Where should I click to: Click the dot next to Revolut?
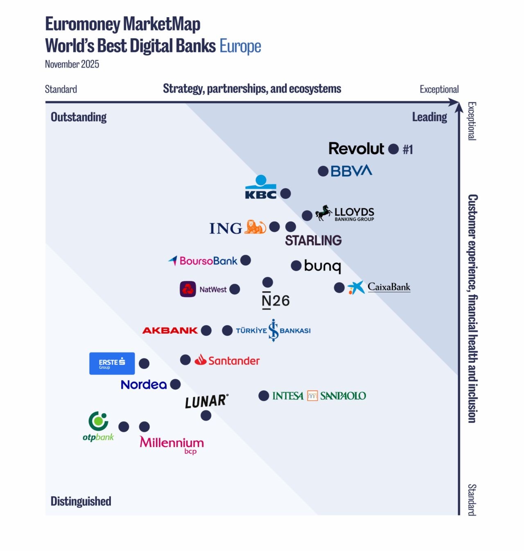(393, 149)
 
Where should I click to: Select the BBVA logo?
(351, 171)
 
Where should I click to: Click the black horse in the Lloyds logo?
(323, 213)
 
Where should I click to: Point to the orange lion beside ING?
(255, 227)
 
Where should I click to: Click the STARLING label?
(313, 241)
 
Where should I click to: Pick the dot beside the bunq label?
(296, 266)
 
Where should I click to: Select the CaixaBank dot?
(339, 288)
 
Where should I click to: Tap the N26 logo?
(276, 301)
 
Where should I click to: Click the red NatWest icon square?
(188, 289)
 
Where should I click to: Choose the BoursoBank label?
(208, 261)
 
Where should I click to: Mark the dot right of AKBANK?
(206, 331)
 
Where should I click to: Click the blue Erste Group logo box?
(112, 363)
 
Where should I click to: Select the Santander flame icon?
(201, 360)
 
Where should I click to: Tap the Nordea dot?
(175, 385)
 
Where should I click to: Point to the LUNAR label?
(206, 401)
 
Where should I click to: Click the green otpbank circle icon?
(99, 421)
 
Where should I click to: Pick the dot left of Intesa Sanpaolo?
(264, 396)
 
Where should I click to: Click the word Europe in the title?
(240, 46)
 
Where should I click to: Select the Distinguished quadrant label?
(81, 501)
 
